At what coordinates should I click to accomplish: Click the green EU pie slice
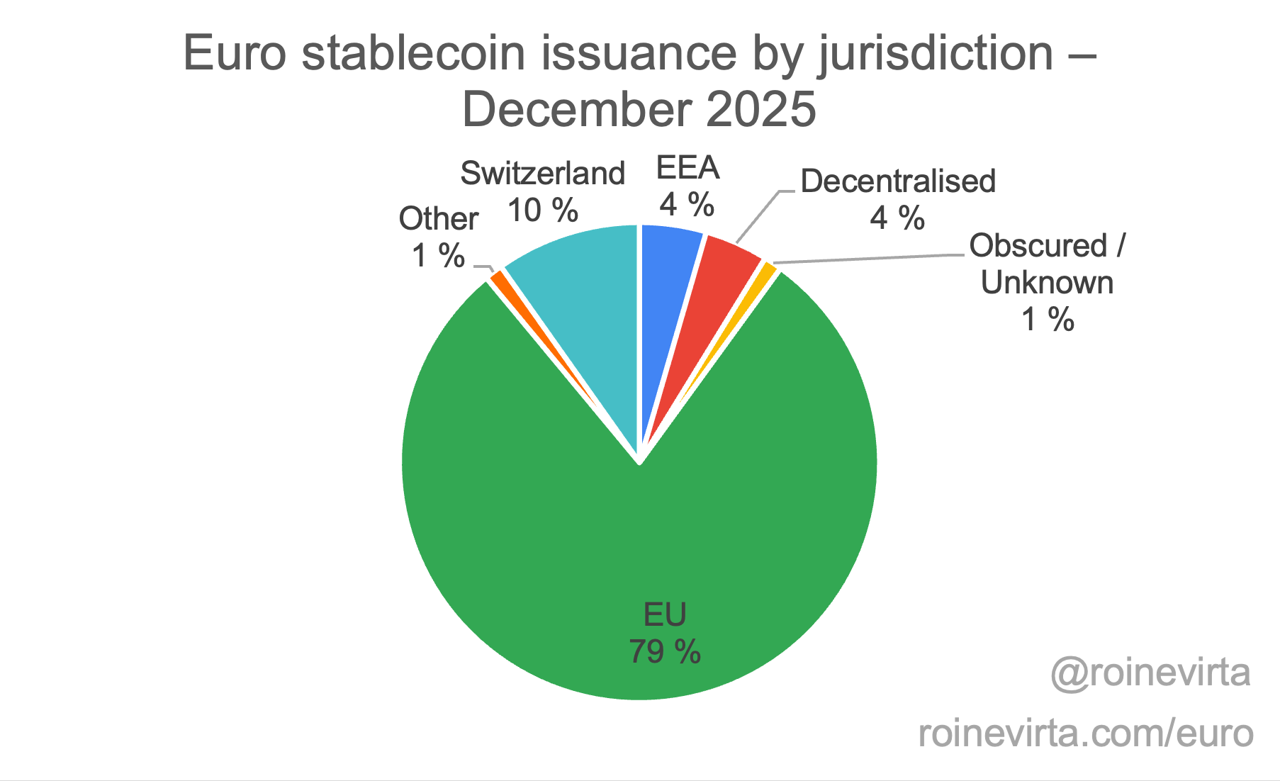(x=638, y=539)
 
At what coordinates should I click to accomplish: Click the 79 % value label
(x=665, y=651)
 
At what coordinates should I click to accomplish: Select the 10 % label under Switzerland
(x=543, y=210)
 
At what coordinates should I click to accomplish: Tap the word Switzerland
(x=543, y=174)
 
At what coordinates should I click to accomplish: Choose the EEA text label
(x=687, y=169)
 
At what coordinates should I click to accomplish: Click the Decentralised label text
(x=898, y=181)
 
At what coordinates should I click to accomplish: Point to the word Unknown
(x=1048, y=283)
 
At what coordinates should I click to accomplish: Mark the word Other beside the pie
(x=439, y=219)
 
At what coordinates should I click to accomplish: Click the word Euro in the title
(x=235, y=53)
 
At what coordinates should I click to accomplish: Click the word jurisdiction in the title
(x=936, y=53)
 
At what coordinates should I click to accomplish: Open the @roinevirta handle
(x=1151, y=672)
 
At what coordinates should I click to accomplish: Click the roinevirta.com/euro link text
(x=1086, y=733)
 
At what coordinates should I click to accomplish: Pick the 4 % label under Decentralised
(x=897, y=218)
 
